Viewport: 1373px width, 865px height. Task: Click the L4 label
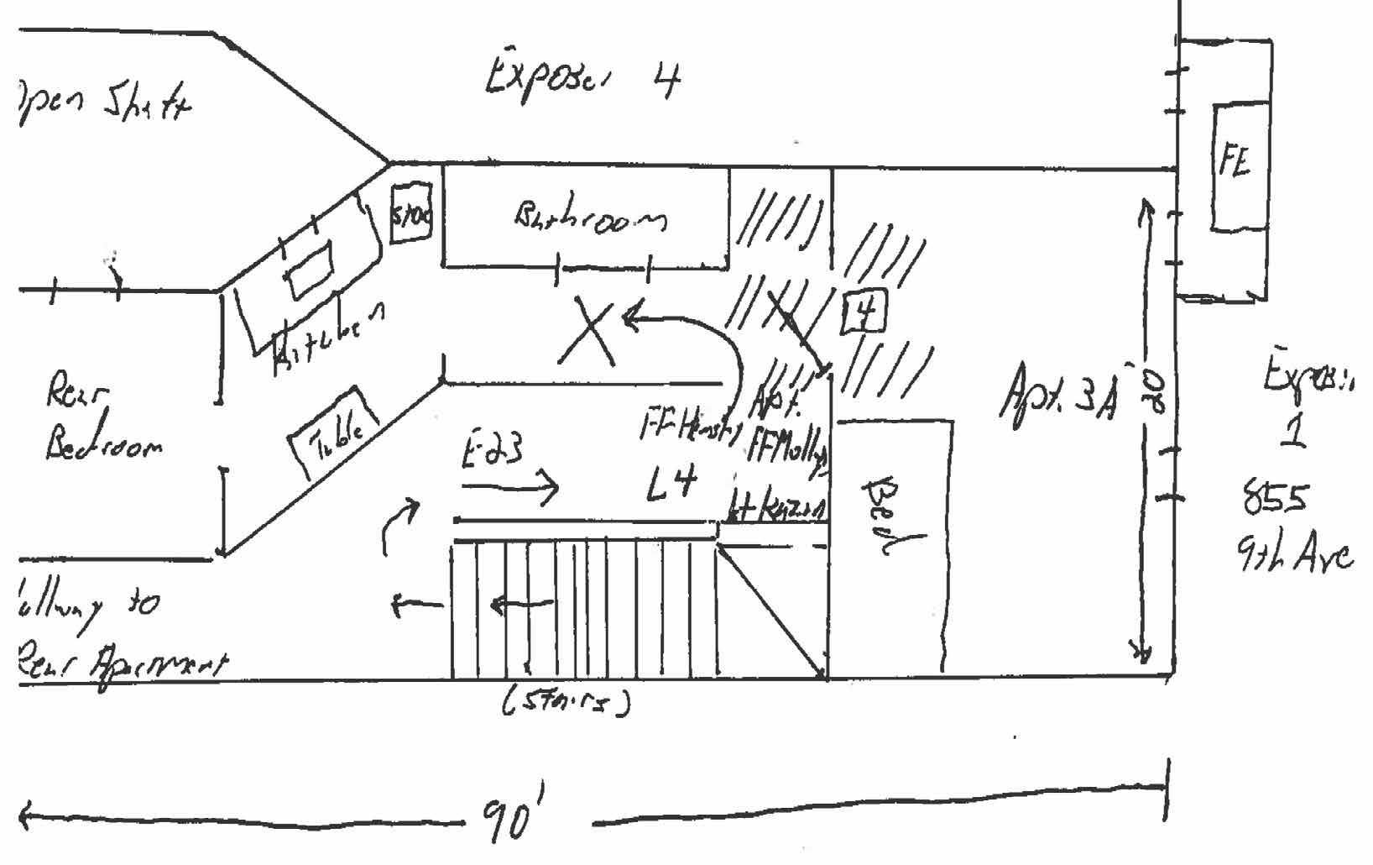671,485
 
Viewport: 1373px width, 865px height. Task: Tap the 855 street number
1275,501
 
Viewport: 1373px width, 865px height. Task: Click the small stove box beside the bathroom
411,213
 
